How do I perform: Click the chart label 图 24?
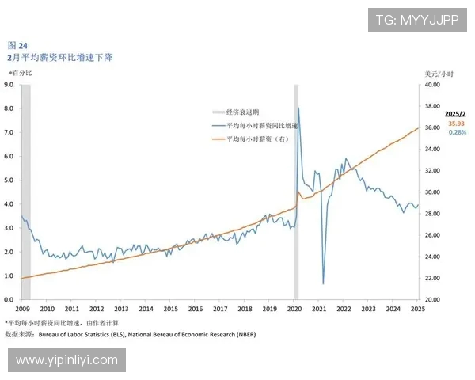17,46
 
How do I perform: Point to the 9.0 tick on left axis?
9,84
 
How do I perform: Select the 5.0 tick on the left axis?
9,180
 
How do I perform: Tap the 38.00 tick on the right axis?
431,106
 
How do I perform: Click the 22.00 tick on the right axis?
431,278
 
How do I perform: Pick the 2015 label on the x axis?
170,310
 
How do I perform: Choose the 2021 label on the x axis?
319,310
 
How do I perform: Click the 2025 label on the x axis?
418,310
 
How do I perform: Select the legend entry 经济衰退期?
241,112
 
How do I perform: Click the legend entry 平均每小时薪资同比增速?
261,126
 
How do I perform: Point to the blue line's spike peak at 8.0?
298,108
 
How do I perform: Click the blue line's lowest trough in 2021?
323,283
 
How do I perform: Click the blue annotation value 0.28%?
458,132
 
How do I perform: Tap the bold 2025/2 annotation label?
457,114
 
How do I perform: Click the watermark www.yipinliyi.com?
66,360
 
